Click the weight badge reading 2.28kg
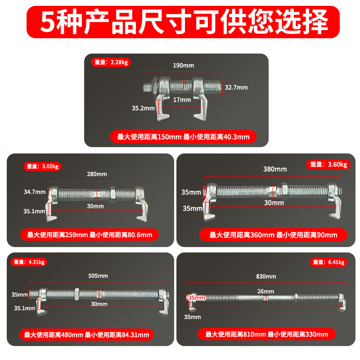point(111,62)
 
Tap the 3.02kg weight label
point(42,166)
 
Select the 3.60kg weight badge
point(328,164)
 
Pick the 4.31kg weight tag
point(29,262)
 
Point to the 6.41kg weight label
point(328,262)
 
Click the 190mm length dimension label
point(184,65)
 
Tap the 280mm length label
point(97,174)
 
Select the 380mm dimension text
point(275,169)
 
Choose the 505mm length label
point(98,276)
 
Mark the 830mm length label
point(266,276)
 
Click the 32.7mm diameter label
point(236,87)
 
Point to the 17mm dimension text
point(182,100)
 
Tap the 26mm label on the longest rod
point(265,291)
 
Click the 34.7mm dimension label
point(35,192)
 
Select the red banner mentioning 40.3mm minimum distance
point(183,137)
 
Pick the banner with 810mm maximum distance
point(266,334)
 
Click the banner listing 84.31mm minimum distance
point(86,335)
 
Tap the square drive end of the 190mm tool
point(147,88)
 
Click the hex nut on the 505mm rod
point(76,294)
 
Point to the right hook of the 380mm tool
point(335,200)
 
